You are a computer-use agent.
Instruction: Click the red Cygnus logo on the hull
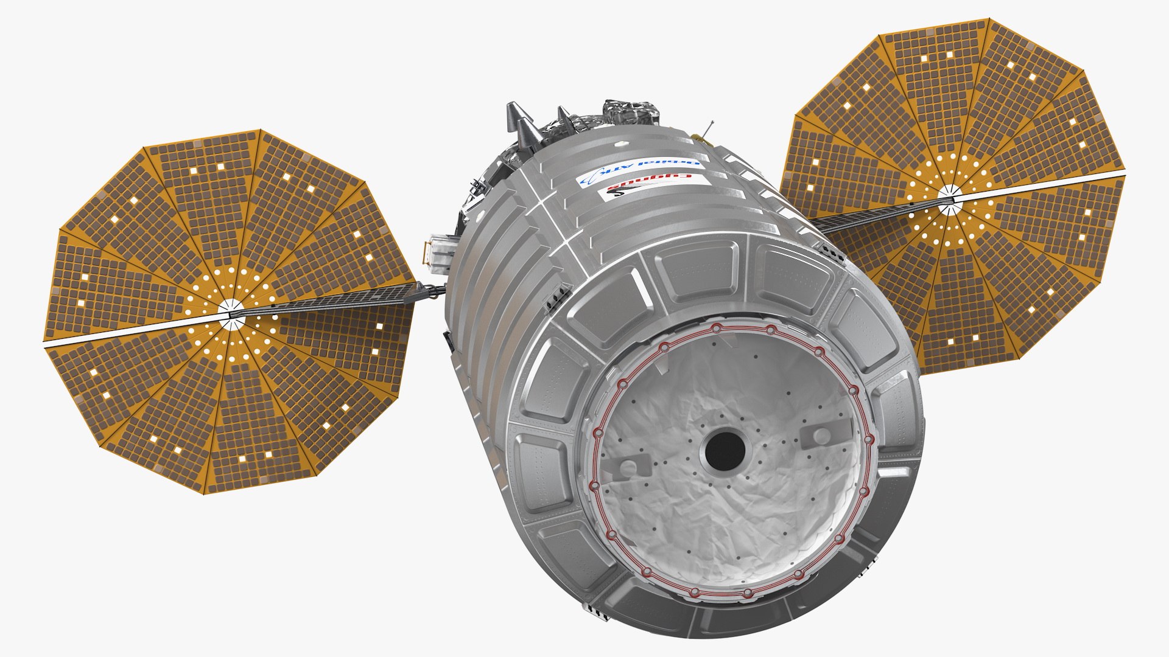tap(648, 186)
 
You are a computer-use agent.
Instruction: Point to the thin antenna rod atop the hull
tap(707, 129)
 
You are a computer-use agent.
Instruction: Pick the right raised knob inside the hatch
tap(821, 435)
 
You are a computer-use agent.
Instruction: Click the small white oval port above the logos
tap(622, 145)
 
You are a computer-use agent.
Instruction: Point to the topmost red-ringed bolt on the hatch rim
tap(717, 329)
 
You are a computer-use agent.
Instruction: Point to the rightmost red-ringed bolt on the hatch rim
tap(869, 439)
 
